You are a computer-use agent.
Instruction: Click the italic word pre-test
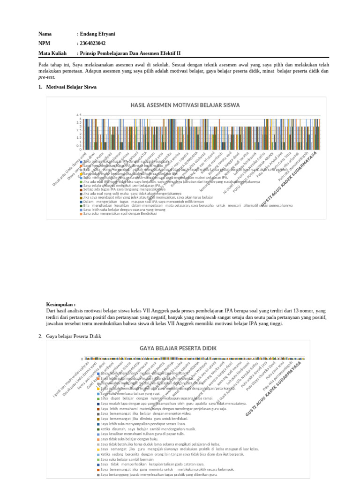click(46, 77)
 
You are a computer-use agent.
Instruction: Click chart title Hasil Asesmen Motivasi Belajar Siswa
click(185, 105)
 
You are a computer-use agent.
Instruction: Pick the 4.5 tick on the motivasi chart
click(79, 115)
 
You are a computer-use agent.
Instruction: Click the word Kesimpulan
click(61, 305)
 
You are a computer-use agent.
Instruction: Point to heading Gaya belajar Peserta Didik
click(74, 337)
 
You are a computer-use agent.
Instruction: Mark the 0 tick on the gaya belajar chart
click(82, 359)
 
